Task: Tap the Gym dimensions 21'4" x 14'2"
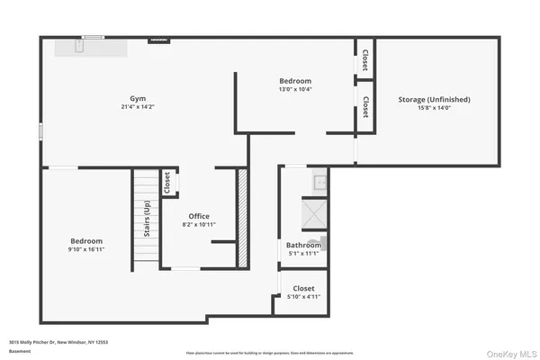point(137,107)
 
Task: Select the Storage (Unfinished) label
point(434,99)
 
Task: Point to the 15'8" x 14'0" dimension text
point(434,109)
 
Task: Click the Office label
point(199,216)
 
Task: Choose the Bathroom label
point(303,245)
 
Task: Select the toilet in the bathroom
point(322,241)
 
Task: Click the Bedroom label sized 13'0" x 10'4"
point(294,81)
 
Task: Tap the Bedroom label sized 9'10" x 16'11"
point(87,241)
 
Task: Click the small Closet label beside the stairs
point(167,183)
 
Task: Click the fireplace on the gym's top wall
point(158,39)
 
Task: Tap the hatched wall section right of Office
point(241,217)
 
